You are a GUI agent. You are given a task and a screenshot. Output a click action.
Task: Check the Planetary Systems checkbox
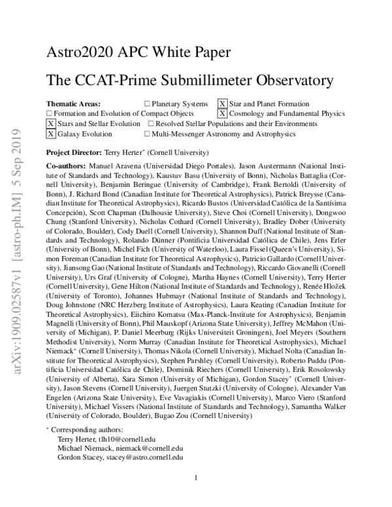coord(147,104)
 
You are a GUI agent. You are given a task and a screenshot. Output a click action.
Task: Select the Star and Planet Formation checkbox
coord(223,104)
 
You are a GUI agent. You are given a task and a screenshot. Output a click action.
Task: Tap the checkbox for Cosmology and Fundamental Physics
coord(223,114)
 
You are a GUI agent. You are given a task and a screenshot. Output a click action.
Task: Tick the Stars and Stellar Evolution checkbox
coord(51,123)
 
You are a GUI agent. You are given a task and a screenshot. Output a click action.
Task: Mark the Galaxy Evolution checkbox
coord(51,133)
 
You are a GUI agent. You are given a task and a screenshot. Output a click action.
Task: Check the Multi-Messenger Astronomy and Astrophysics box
coord(147,133)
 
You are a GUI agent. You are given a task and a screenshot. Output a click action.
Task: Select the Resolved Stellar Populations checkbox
coord(151,123)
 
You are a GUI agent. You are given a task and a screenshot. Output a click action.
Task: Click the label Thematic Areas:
coord(73,104)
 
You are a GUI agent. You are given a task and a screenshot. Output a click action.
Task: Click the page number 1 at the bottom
coord(196,496)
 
